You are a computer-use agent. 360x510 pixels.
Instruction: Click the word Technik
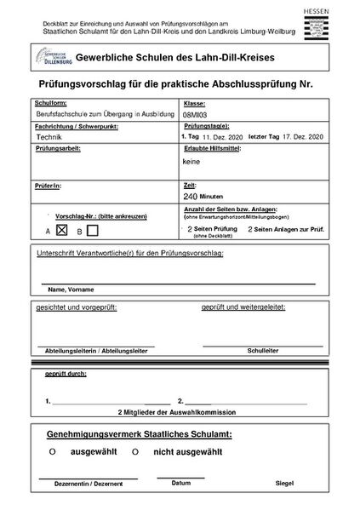click(x=49, y=136)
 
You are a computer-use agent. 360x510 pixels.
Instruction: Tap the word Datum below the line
click(x=180, y=482)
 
